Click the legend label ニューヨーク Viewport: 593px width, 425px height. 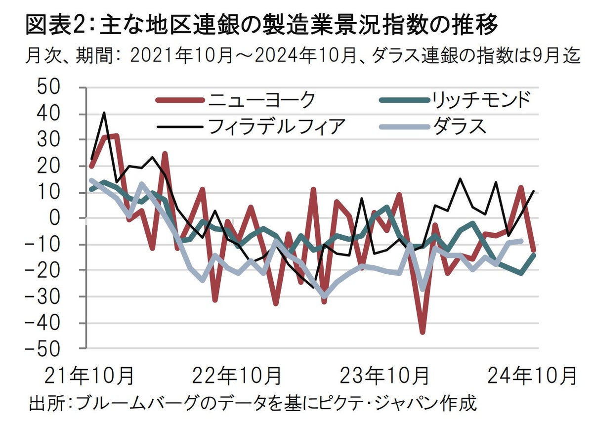click(261, 100)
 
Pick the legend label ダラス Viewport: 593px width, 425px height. click(460, 126)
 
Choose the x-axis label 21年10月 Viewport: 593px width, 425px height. click(89, 377)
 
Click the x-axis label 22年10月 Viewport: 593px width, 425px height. click(236, 377)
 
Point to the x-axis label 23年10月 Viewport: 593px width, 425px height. click(384, 377)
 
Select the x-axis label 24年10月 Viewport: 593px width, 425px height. click(532, 377)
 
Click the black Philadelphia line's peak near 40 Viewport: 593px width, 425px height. click(104, 113)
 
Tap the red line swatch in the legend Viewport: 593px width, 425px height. click(179, 100)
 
